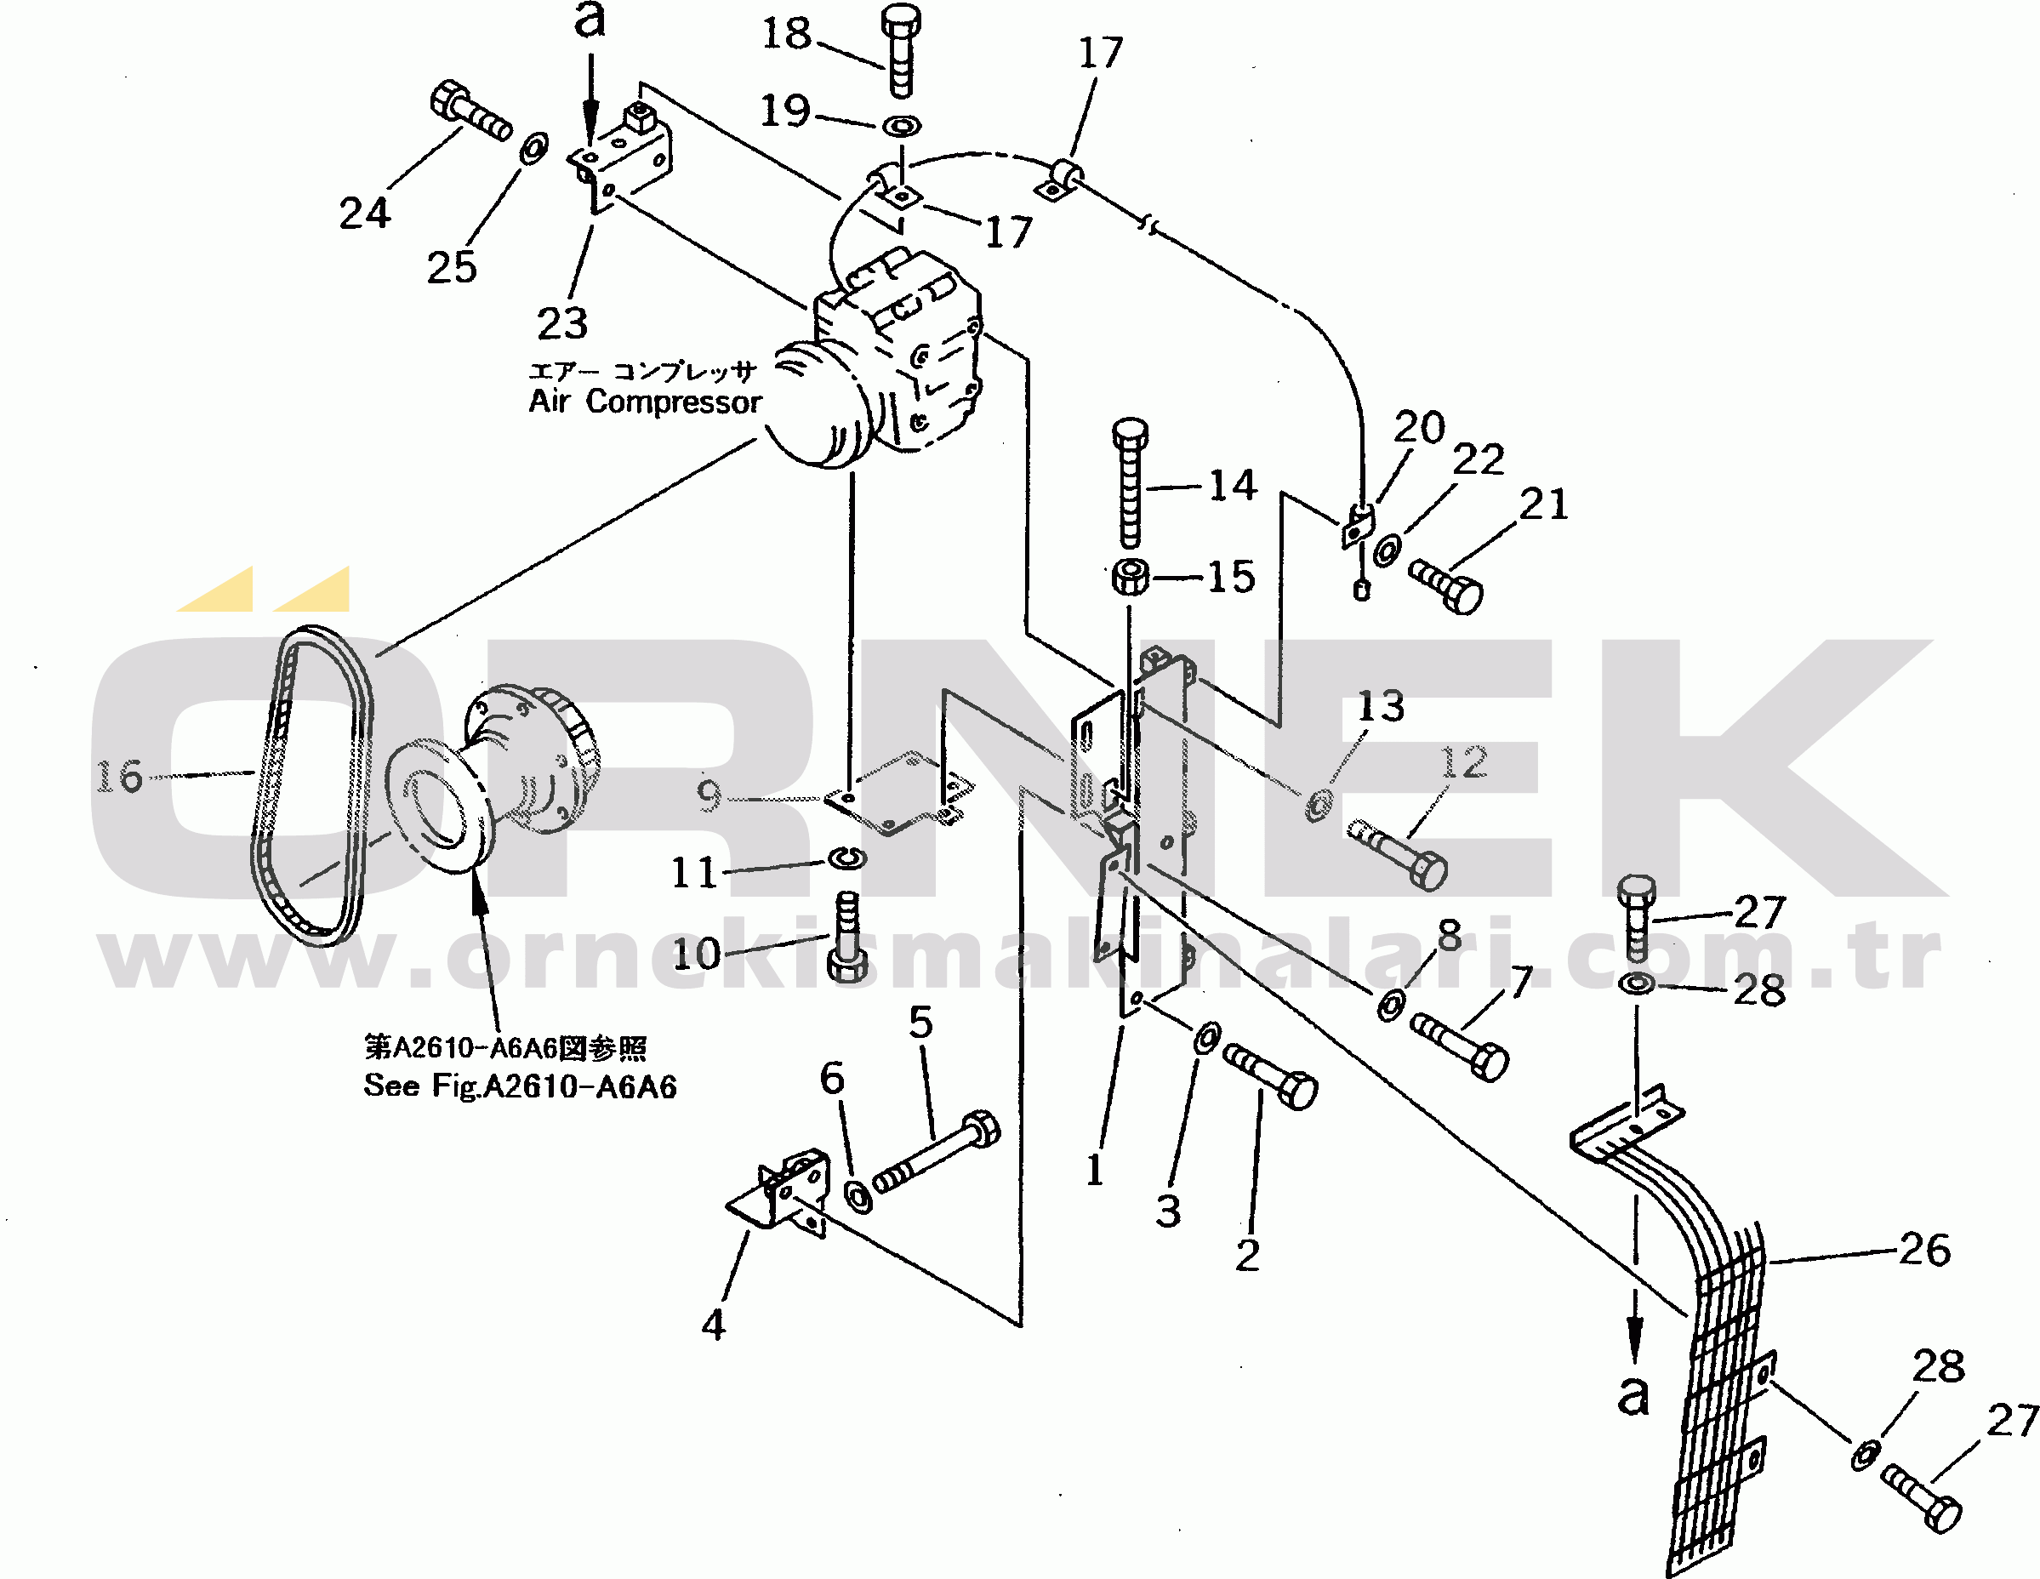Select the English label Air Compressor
pyautogui.click(x=645, y=402)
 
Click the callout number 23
pyautogui.click(x=562, y=323)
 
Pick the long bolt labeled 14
pyautogui.click(x=1131, y=482)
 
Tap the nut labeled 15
pyautogui.click(x=1131, y=576)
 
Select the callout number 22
pyautogui.click(x=1479, y=459)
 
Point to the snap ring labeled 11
pyautogui.click(x=847, y=858)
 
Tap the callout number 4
pyautogui.click(x=714, y=1325)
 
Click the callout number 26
pyautogui.click(x=1925, y=1249)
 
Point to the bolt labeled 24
pyautogui.click(x=470, y=111)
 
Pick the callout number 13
pyautogui.click(x=1381, y=706)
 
